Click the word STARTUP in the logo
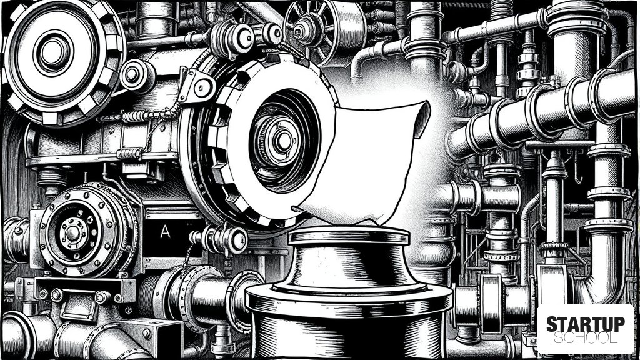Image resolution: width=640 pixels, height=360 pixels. pyautogui.click(x=585, y=324)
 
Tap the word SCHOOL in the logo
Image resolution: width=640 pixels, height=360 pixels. pyautogui.click(x=585, y=338)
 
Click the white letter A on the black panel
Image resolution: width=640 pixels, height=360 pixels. pyautogui.click(x=165, y=232)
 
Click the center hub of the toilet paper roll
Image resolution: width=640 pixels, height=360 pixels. pyautogui.click(x=283, y=141)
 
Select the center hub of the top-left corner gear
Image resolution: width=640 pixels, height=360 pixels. pyautogui.click(x=52, y=52)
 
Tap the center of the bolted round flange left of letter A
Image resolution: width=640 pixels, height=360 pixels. pyautogui.click(x=74, y=233)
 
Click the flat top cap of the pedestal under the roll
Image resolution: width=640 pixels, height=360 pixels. pyautogui.click(x=349, y=236)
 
